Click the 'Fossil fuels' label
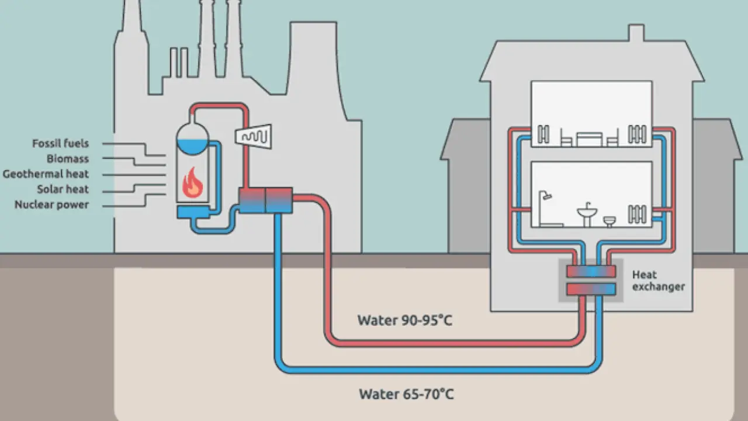61,143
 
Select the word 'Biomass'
68,158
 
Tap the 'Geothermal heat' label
46,174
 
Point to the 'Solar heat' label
63,189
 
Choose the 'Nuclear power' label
52,205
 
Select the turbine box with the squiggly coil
252,135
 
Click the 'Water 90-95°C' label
405,320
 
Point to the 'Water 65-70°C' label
406,394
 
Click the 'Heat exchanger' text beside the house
657,281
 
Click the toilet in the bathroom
610,221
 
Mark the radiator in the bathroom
637,212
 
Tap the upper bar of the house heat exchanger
591,271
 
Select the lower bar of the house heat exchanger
591,288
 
